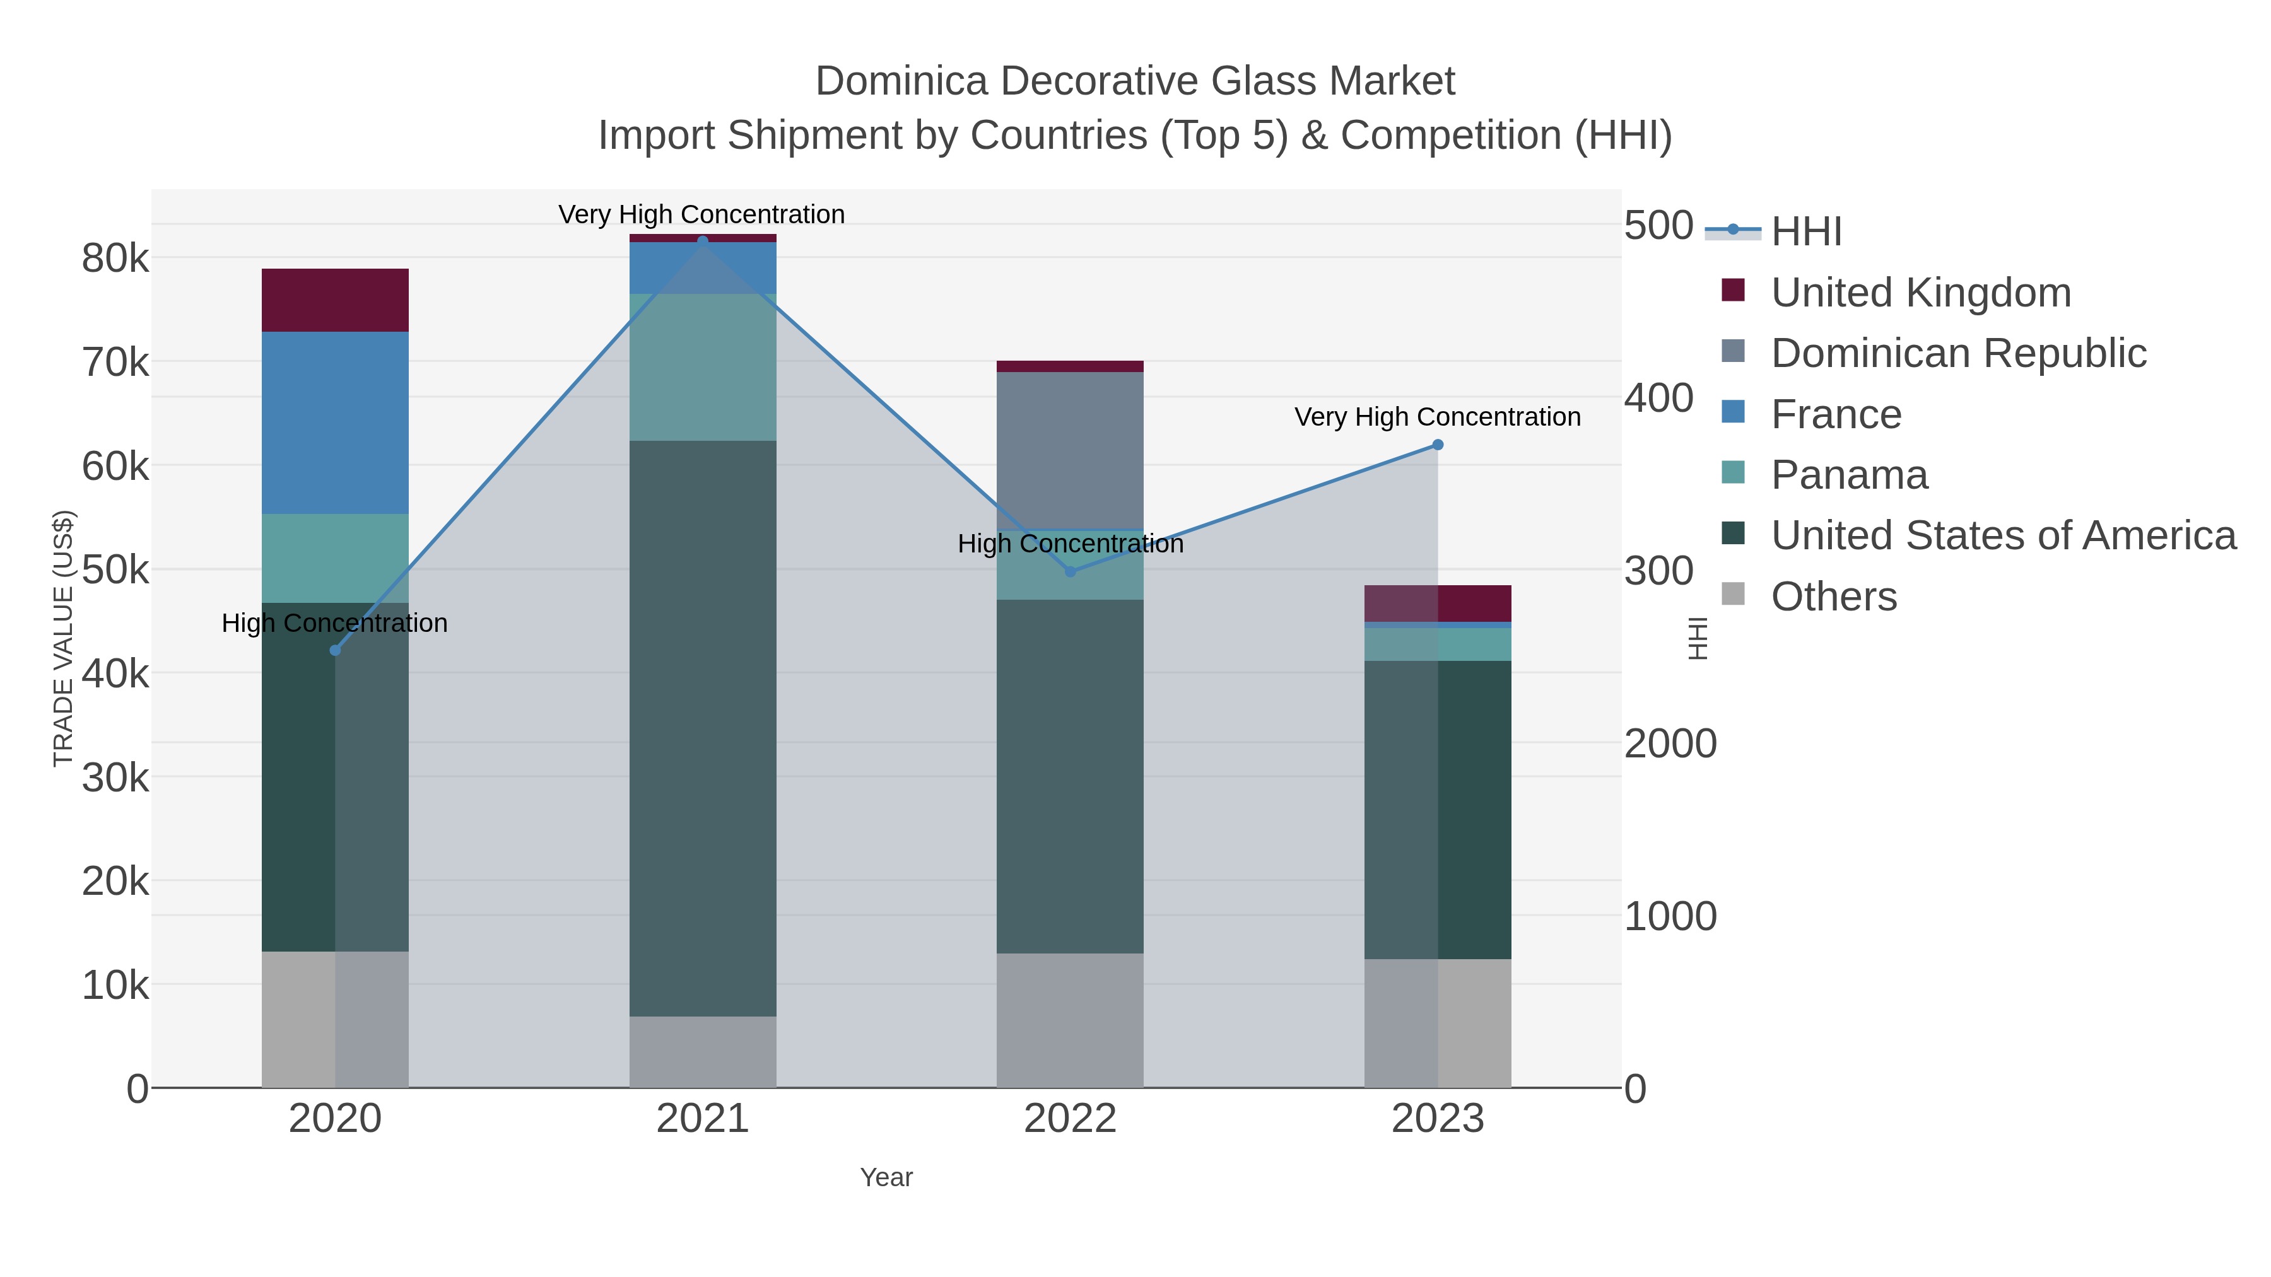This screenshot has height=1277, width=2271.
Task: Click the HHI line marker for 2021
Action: pyautogui.click(x=703, y=241)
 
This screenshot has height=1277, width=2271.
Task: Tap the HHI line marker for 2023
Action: pyautogui.click(x=1438, y=445)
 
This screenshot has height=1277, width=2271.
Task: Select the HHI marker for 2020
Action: pyautogui.click(x=335, y=650)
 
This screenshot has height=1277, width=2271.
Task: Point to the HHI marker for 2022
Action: pyautogui.click(x=1071, y=572)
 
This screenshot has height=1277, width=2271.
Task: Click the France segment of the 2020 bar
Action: pyautogui.click(x=335, y=423)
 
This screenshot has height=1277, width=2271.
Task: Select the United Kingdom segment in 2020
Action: pyautogui.click(x=335, y=301)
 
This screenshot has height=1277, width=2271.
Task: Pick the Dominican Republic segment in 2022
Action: pyautogui.click(x=1071, y=450)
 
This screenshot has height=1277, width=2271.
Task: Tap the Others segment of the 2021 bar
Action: pyautogui.click(x=703, y=1051)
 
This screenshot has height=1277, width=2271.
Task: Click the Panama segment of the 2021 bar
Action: pyautogui.click(x=703, y=366)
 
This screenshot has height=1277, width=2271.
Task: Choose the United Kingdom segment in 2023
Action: pyautogui.click(x=1438, y=604)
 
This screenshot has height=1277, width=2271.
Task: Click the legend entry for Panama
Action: pyautogui.click(x=1850, y=475)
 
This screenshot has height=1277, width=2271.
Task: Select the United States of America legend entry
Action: pyautogui.click(x=2003, y=536)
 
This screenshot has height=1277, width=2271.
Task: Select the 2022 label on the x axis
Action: pyautogui.click(x=1071, y=1119)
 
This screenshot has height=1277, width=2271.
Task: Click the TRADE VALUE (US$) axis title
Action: pyautogui.click(x=64, y=638)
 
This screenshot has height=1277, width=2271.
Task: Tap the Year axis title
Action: pyautogui.click(x=886, y=1177)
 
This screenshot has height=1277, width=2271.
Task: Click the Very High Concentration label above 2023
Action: pyautogui.click(x=1437, y=417)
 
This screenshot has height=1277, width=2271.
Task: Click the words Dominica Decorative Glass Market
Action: pyautogui.click(x=1135, y=81)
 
